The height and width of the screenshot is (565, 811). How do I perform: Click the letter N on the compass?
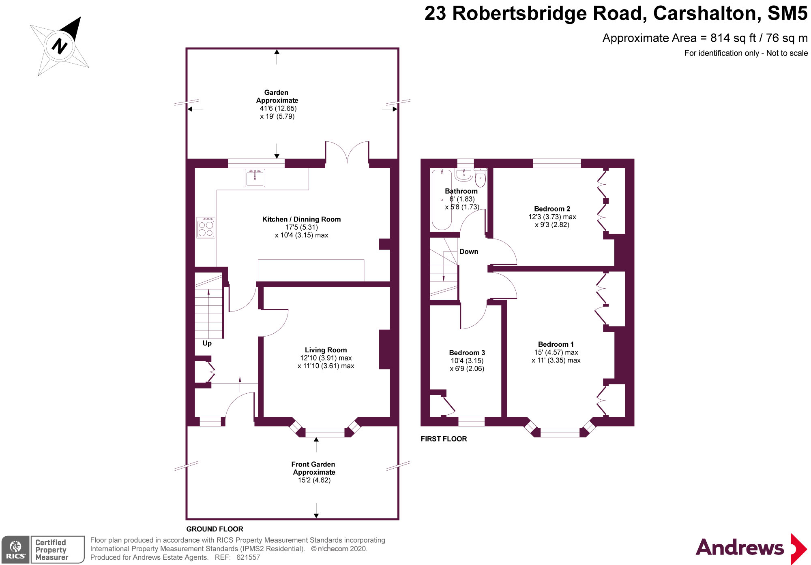coord(59,46)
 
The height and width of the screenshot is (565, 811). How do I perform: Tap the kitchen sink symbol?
coord(255,178)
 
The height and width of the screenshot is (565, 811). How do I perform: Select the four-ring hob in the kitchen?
coord(206,228)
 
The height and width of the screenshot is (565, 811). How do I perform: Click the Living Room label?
coord(326,350)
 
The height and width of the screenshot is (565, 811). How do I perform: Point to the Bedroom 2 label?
coord(552,209)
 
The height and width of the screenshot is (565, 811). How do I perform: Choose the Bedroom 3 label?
coord(467,353)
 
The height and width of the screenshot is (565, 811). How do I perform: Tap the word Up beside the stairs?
coord(207,343)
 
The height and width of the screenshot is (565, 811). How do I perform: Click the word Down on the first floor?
coord(468,252)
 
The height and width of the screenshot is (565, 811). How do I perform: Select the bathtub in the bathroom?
coord(441,199)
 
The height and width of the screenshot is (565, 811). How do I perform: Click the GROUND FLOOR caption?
coord(215,529)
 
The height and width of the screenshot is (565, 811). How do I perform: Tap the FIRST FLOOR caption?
coord(444,439)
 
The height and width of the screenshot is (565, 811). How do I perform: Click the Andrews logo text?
coord(740,548)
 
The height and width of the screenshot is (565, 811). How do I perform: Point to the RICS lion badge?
coord(15,549)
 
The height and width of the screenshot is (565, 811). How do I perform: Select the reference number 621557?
coord(248,557)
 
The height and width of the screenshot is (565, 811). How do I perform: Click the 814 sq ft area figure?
coord(733,38)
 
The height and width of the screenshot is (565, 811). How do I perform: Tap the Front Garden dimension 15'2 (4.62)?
coord(314,480)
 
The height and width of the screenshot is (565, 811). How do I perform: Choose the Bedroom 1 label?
coord(556,344)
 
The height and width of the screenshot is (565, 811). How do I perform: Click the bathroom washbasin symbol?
coord(463,175)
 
